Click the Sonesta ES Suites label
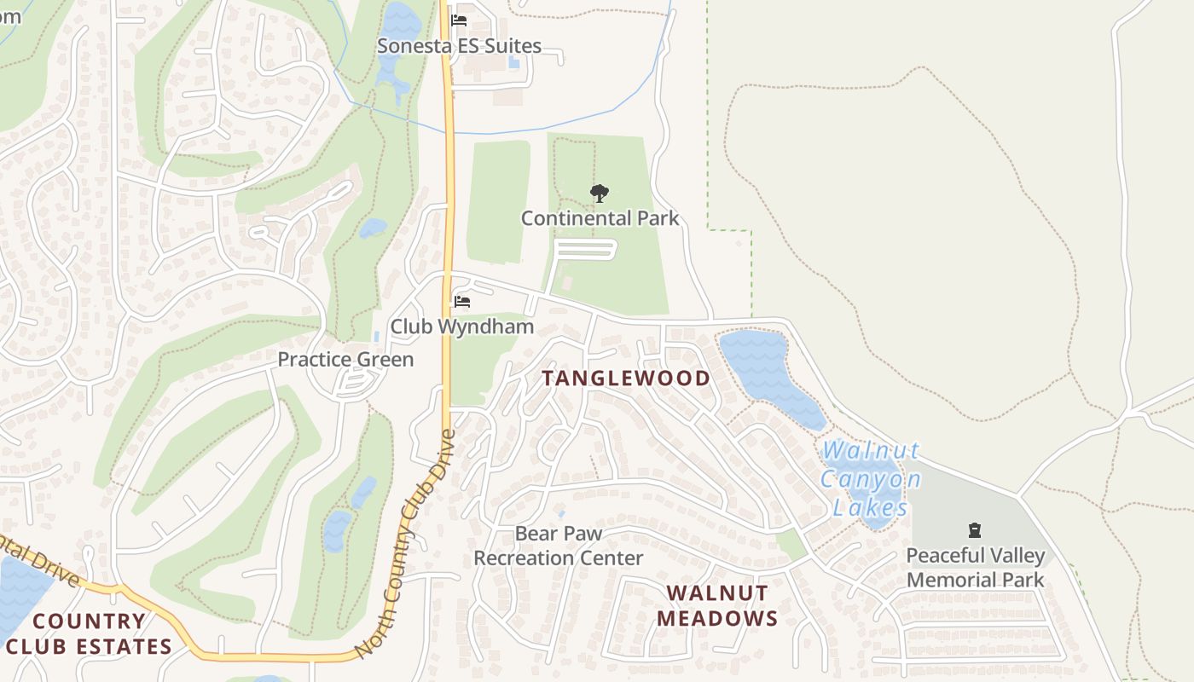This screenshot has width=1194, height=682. [x=459, y=46]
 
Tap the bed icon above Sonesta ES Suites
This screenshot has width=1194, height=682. [x=459, y=20]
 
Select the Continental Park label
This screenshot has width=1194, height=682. [x=600, y=218]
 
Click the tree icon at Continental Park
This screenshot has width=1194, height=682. [x=600, y=194]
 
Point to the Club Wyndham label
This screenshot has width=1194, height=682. [x=461, y=327]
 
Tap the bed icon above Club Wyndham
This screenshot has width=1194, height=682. [x=462, y=302]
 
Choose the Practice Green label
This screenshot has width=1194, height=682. [x=345, y=360]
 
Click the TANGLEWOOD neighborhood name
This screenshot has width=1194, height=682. [x=626, y=379]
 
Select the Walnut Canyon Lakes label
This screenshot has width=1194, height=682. [x=871, y=479]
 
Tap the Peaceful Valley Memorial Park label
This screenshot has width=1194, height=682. [x=975, y=568]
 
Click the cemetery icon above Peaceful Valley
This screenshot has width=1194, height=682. [x=975, y=531]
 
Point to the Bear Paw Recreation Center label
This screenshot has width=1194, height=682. [x=559, y=546]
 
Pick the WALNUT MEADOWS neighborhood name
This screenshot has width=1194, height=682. [x=717, y=605]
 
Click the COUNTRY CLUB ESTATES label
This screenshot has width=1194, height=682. [x=90, y=633]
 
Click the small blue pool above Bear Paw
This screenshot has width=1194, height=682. [x=560, y=513]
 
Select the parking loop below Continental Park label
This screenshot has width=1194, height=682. [x=585, y=249]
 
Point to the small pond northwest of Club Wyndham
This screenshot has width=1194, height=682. [x=373, y=228]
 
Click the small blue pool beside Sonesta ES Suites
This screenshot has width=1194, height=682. [x=513, y=62]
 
